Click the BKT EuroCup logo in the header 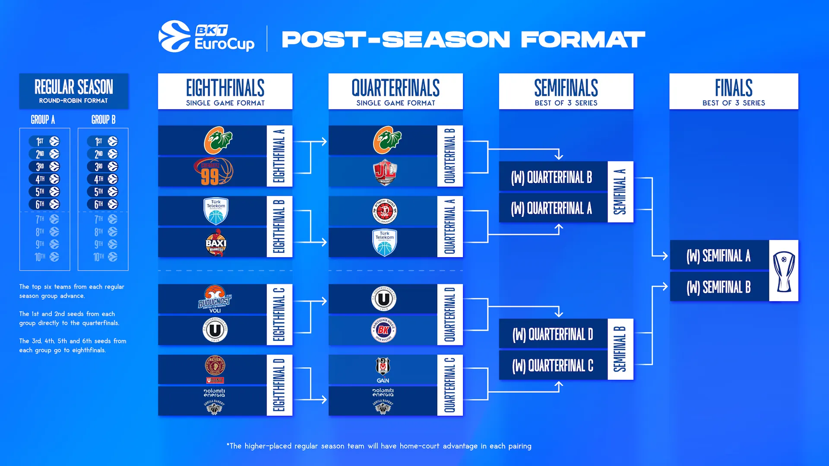click(x=206, y=37)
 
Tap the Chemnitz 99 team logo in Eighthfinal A click(x=213, y=172)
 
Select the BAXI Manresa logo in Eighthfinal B click(x=215, y=243)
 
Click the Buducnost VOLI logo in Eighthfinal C click(x=215, y=299)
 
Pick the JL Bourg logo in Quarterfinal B click(x=384, y=172)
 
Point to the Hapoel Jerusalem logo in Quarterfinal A click(x=384, y=211)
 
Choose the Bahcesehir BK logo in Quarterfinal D click(x=383, y=330)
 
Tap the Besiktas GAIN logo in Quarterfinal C click(x=383, y=370)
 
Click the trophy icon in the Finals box click(x=784, y=271)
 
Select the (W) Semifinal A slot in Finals click(x=719, y=256)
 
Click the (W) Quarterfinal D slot click(x=553, y=334)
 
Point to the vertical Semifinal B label click(x=620, y=349)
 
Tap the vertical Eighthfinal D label click(x=279, y=385)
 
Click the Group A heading click(x=43, y=120)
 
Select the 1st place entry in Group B click(x=103, y=141)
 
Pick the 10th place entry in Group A click(x=45, y=257)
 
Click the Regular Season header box click(x=74, y=91)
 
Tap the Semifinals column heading click(x=566, y=91)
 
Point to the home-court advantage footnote click(x=379, y=446)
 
